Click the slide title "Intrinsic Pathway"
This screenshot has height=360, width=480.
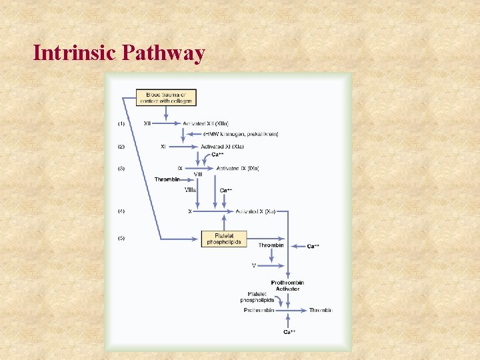tap(119, 53)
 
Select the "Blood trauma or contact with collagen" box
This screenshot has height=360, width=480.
tap(165, 97)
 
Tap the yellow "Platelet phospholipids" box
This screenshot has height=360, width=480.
tap(224, 239)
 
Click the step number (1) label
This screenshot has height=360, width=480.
tap(121, 123)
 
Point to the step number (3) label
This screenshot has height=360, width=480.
tap(121, 169)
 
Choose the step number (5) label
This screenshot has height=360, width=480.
tap(121, 238)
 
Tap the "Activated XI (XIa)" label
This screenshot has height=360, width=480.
tap(222, 147)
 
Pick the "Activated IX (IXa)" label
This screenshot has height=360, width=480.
tap(237, 169)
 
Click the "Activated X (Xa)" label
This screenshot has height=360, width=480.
tap(255, 211)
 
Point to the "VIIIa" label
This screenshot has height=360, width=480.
tap(190, 190)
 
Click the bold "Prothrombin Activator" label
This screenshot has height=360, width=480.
tap(287, 286)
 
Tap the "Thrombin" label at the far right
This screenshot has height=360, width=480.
tap(321, 310)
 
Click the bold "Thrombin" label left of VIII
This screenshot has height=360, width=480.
tap(167, 179)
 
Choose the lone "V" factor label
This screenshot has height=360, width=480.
tap(254, 265)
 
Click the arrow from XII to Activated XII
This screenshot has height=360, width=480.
tap(168, 123)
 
